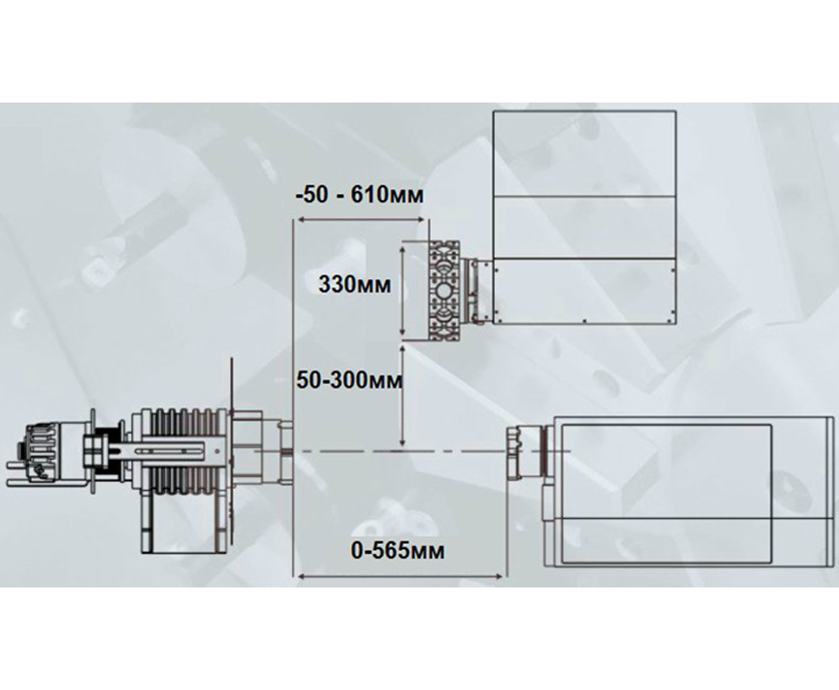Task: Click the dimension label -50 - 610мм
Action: pyautogui.click(x=360, y=195)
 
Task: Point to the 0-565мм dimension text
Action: pyautogui.click(x=398, y=550)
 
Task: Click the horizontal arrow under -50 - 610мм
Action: pyautogui.click(x=361, y=219)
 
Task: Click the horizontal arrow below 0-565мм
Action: pyautogui.click(x=400, y=576)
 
